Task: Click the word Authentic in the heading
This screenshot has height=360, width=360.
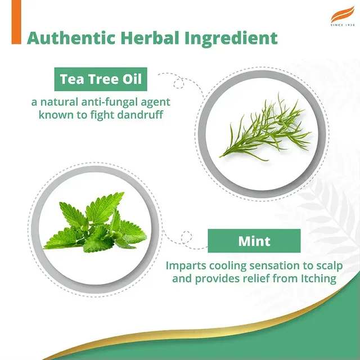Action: coord(71,38)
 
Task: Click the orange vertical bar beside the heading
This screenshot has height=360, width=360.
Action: coord(16,22)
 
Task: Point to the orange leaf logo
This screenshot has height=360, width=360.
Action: coord(343,14)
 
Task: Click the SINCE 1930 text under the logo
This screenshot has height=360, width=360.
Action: coord(343,25)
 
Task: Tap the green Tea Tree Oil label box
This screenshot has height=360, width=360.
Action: coord(101,79)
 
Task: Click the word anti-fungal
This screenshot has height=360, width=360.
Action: coord(110,102)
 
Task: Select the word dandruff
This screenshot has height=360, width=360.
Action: coord(140,115)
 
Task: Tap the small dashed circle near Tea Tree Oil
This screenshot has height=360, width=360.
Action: coord(179,83)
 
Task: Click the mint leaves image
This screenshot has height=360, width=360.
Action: coord(95,222)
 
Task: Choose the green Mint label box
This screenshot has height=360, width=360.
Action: coord(254,241)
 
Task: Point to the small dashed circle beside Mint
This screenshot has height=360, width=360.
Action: coord(186,237)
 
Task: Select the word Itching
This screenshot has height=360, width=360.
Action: coord(318,279)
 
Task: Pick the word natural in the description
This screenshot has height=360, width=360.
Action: coord(59,102)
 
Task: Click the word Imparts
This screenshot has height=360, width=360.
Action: coord(186,266)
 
